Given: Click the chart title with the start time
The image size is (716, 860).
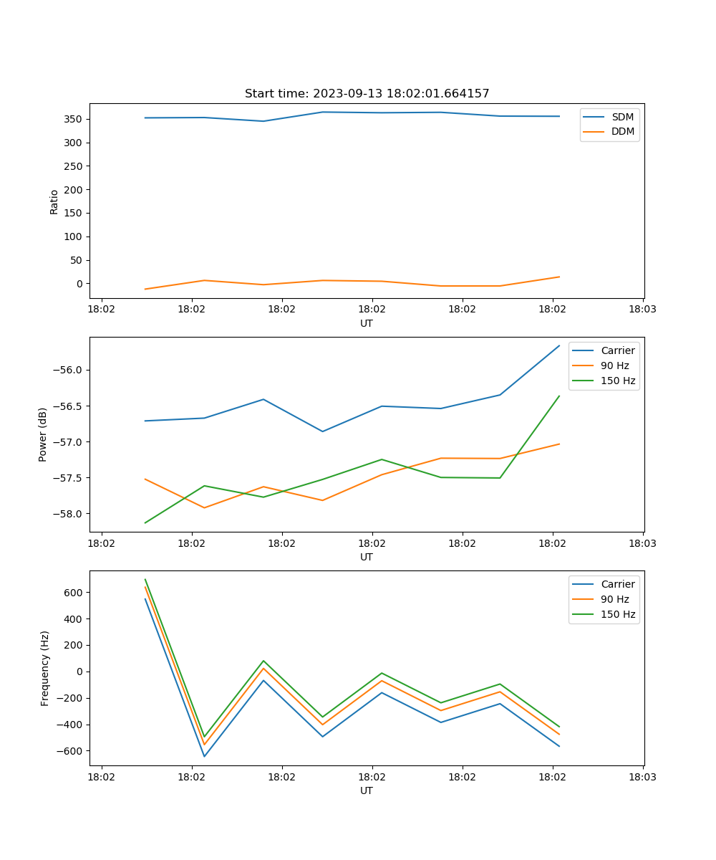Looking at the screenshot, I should tap(367, 94).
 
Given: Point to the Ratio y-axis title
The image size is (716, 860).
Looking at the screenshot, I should tap(54, 202).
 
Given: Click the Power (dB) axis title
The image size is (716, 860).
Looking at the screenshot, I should tap(43, 434).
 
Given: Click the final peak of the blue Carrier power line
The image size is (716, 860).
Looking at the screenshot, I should tap(559, 345).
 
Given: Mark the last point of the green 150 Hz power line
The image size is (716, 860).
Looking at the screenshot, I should tap(559, 396).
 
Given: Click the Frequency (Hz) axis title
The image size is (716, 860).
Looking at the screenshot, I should tap(45, 668).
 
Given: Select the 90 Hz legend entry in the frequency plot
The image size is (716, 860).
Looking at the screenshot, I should tap(614, 599).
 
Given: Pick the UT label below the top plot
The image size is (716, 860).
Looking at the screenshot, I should tap(367, 323).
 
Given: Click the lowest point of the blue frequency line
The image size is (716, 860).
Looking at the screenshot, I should tap(204, 756).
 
